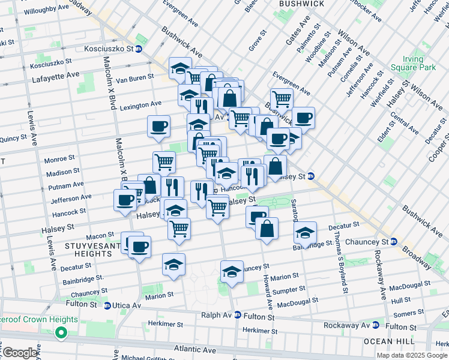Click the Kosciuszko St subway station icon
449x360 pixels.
pos(139,49)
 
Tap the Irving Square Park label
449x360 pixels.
pos(412,64)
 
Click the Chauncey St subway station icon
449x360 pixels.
pos(393,242)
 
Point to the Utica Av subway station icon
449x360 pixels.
pos(107,305)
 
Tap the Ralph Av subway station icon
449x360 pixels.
pos(238,314)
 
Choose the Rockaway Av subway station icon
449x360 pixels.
pos(375,325)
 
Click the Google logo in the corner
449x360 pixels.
pos(20,353)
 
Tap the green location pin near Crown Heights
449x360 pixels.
pos(61,332)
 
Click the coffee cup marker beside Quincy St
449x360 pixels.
pos(158,127)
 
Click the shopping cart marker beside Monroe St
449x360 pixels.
pos(164,161)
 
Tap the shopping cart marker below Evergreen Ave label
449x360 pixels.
pos(281,99)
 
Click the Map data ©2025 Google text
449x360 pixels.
pos(412,355)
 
